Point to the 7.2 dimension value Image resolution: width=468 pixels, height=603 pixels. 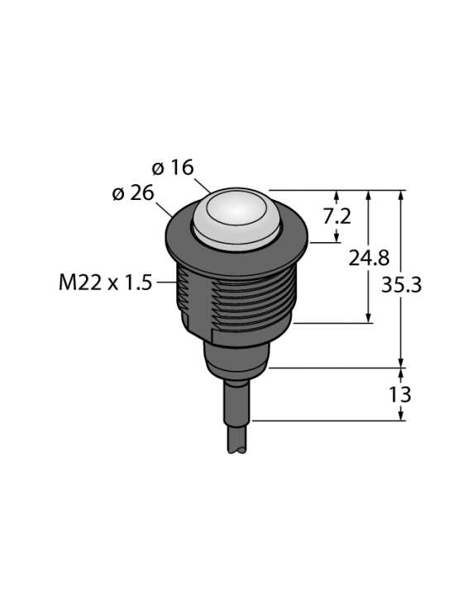click(337, 216)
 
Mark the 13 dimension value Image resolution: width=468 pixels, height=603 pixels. click(401, 394)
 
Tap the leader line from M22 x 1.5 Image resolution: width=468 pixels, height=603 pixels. click(166, 283)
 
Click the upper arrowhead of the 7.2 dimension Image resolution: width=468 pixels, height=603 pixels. click(337, 196)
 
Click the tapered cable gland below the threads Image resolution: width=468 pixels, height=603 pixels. click(237, 357)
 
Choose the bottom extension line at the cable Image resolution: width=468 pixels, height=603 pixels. click(331, 420)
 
